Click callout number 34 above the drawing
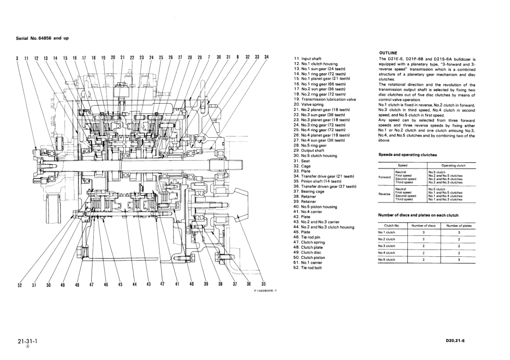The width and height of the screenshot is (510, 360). click(266, 57)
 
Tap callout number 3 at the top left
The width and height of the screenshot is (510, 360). click(18, 57)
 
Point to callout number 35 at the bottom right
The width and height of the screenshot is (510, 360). click(263, 284)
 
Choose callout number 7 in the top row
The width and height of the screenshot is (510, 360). click(209, 57)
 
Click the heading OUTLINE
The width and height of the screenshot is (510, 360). click(388, 53)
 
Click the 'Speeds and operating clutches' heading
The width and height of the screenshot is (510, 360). click(407, 155)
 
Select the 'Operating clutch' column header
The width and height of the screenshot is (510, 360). click(453, 165)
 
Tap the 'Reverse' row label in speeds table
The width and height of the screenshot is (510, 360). click(385, 194)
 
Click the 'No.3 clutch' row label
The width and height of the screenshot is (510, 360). click(387, 246)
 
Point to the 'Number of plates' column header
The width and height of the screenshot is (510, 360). click(459, 226)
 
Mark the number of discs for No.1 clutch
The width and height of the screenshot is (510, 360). click(424, 232)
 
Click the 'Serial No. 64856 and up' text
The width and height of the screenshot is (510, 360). click(42, 38)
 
